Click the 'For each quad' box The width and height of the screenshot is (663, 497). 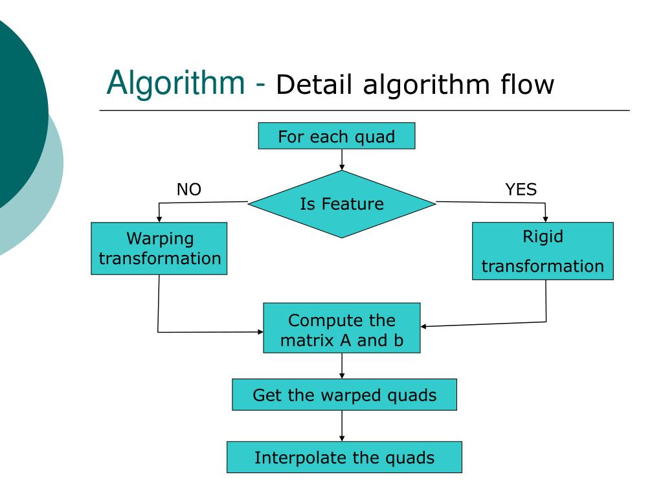click(x=337, y=136)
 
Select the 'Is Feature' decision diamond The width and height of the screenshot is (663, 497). click(x=342, y=204)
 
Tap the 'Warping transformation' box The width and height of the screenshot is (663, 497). click(x=159, y=248)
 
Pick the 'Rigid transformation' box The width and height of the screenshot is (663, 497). click(x=543, y=251)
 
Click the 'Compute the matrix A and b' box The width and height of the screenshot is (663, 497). click(x=342, y=328)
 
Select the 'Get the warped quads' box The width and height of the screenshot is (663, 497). click(x=344, y=395)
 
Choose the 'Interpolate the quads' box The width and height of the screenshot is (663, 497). click(x=344, y=458)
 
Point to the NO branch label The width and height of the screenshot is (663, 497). click(x=189, y=190)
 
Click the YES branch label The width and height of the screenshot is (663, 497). click(x=521, y=190)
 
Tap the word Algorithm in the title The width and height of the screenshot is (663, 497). click(x=176, y=83)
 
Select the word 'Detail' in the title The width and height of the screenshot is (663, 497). click(x=314, y=85)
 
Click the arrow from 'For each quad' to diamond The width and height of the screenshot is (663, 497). click(x=342, y=160)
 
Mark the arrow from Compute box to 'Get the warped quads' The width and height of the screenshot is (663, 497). click(x=342, y=366)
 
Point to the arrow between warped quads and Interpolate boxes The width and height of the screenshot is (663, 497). click(x=342, y=426)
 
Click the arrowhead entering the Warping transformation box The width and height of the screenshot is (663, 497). click(x=159, y=219)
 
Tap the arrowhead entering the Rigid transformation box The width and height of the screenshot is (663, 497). click(x=545, y=219)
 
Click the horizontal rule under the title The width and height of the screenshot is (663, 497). click(x=365, y=110)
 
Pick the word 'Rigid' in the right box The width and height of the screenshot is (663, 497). click(x=543, y=237)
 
